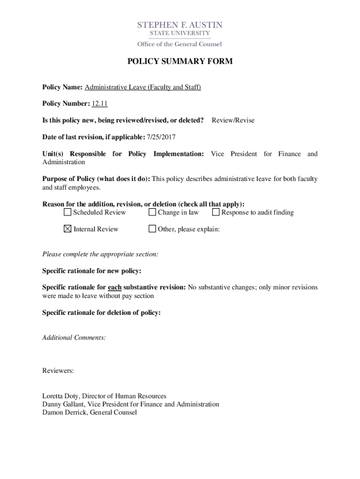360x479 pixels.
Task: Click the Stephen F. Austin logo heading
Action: click(180, 25)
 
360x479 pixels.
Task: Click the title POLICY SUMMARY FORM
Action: click(180, 61)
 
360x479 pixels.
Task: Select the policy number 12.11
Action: click(100, 103)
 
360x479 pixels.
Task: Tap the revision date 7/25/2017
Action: click(161, 137)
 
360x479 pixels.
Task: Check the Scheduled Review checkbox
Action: click(67, 212)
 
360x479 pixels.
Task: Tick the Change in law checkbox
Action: click(152, 212)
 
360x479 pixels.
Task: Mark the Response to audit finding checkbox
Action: click(216, 212)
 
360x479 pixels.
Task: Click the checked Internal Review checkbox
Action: click(67, 229)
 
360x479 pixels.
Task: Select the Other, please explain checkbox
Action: click(152, 229)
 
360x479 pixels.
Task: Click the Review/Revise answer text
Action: click(233, 120)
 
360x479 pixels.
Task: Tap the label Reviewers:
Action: click(58, 370)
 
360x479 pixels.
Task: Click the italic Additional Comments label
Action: click(74, 337)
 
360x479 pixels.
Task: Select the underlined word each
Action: click(115, 287)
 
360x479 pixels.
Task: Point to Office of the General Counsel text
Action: click(180, 44)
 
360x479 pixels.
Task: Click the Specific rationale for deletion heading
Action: click(101, 312)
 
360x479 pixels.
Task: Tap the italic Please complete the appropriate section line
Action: click(100, 254)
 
